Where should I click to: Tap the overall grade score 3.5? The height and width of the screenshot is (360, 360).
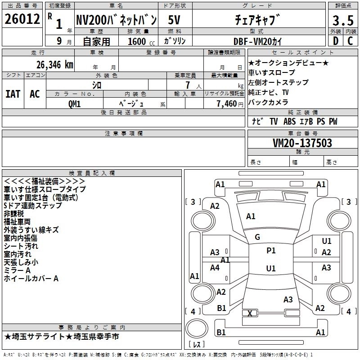[x=342, y=20]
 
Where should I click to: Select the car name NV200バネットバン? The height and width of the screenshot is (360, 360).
[x=116, y=20]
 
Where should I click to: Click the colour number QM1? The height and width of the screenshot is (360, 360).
[x=74, y=103]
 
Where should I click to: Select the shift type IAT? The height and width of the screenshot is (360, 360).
[x=13, y=94]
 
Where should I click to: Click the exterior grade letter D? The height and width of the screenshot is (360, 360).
[x=335, y=41]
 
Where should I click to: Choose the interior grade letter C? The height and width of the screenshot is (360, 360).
[x=350, y=41]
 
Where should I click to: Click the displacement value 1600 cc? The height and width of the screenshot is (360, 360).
[x=137, y=41]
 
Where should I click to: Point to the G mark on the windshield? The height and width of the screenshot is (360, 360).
[x=257, y=237]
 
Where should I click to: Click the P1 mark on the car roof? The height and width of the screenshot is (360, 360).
[x=271, y=251]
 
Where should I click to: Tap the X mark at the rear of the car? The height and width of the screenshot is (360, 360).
[x=250, y=313]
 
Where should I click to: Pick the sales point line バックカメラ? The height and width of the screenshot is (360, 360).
[x=268, y=102]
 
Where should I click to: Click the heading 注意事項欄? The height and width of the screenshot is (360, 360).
[x=123, y=134]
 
